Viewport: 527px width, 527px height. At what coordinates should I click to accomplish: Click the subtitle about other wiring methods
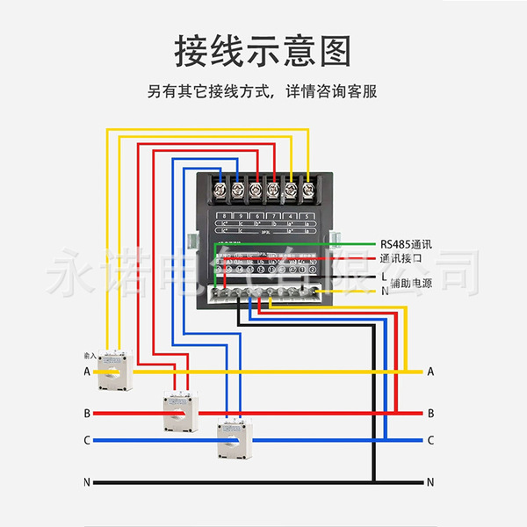coord(263,90)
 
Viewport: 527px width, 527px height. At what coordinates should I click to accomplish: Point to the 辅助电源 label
coord(411,283)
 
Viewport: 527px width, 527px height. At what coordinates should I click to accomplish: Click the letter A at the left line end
coord(87,372)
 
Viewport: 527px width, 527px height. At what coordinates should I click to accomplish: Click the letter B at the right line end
coord(430,413)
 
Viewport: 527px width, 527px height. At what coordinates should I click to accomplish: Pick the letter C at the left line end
coord(87,440)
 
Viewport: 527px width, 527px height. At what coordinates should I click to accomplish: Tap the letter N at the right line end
coord(430,482)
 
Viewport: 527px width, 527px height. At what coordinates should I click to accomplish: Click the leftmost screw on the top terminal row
coord(236,188)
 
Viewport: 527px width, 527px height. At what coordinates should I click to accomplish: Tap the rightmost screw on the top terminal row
coord(308,188)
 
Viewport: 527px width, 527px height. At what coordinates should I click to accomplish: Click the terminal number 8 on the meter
coord(227,215)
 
